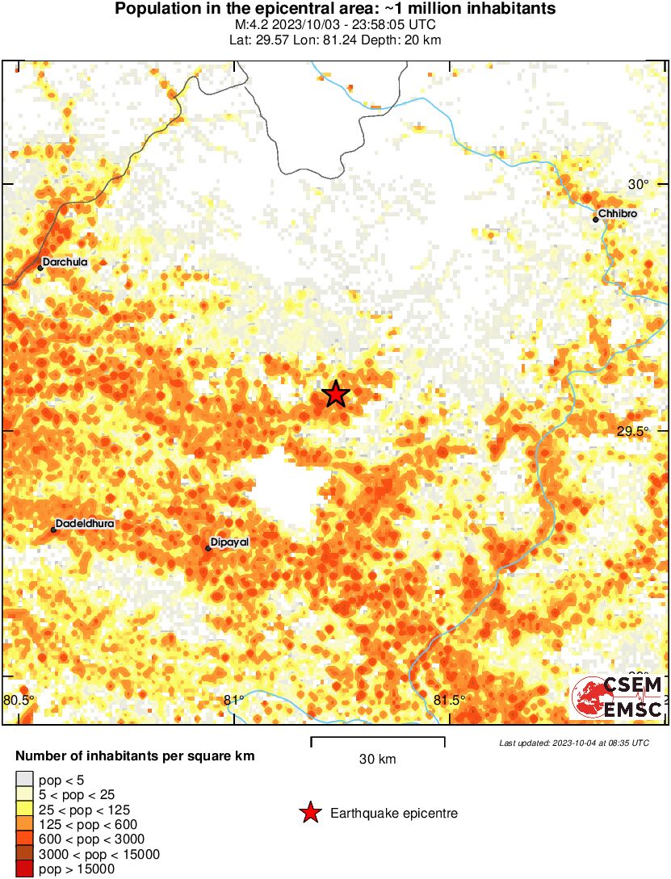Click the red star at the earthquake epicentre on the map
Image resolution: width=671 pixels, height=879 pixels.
coord(336,394)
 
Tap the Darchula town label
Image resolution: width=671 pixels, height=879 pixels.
coord(65,262)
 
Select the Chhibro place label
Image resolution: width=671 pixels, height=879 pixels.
coord(618,213)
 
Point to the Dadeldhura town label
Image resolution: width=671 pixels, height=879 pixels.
coord(85,524)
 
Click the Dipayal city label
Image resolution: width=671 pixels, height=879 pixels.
coord(229,542)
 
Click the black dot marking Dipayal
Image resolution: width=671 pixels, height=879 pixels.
coord(208,549)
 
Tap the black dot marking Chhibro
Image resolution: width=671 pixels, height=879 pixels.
coord(596,219)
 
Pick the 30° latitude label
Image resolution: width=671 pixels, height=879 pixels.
coord(638,184)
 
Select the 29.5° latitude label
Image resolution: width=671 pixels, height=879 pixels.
coord(632,431)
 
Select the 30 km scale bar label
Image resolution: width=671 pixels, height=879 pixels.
coord(377,759)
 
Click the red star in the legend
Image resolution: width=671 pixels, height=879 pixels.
coord(310,813)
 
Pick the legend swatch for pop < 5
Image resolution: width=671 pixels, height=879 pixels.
coord(24,780)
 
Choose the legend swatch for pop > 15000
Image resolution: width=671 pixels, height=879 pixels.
coord(24,869)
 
